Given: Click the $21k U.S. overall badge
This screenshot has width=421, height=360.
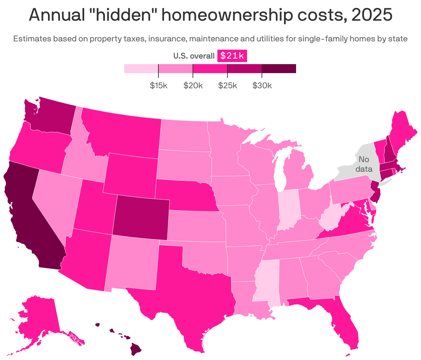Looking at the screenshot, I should point(232,56).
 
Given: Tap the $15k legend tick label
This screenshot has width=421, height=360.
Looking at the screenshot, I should point(158,86).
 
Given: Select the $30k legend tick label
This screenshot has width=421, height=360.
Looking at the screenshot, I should point(262,86).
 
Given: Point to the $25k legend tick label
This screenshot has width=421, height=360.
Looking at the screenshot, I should point(227,86).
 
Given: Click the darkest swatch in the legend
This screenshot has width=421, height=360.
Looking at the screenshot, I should point(279,69).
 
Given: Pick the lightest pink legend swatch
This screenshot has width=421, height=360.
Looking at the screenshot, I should point(141,69).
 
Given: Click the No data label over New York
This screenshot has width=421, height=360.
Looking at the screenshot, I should point(364,164).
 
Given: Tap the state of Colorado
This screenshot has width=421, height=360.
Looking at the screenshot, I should point(141,217).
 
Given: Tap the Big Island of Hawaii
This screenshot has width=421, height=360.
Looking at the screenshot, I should point(136,350).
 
